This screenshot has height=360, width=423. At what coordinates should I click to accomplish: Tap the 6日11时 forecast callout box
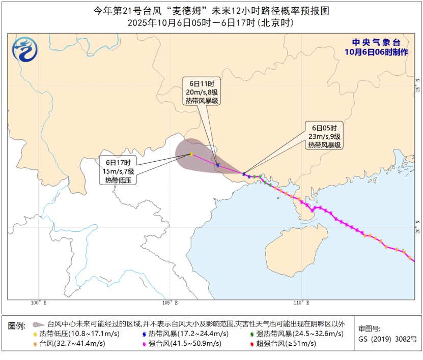tap(201, 92)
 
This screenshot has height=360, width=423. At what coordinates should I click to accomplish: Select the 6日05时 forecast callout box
tap(324, 136)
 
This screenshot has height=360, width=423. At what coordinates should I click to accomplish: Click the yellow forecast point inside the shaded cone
tap(191, 154)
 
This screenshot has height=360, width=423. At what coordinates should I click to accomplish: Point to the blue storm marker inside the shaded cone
tap(217, 165)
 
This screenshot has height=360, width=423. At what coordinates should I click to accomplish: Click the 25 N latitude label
tap(417, 86)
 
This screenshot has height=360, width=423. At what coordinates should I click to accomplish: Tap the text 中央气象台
tap(377, 43)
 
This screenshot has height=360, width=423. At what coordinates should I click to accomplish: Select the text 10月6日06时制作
tap(377, 52)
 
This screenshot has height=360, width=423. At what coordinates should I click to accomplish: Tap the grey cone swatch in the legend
tap(37, 324)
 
